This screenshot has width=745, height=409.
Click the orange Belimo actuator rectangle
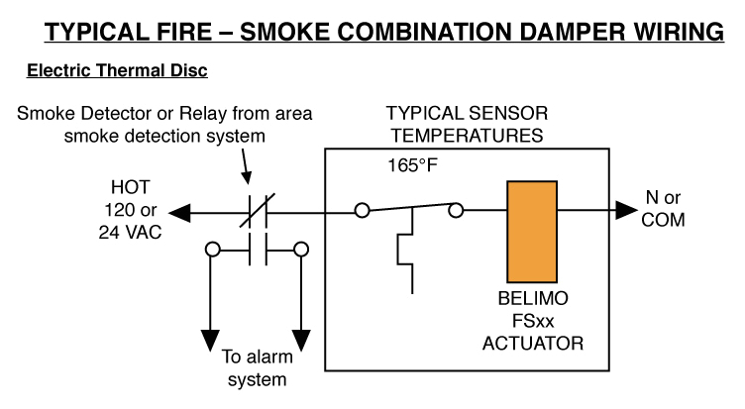(534, 231)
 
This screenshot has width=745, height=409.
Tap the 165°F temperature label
(411, 164)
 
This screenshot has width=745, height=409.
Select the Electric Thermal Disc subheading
(117, 72)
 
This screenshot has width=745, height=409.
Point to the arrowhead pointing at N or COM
(624, 210)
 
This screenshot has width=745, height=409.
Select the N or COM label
(663, 210)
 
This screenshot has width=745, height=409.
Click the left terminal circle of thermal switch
(364, 210)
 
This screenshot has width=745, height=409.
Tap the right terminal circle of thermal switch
(456, 210)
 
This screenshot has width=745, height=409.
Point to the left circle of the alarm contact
(210, 250)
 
